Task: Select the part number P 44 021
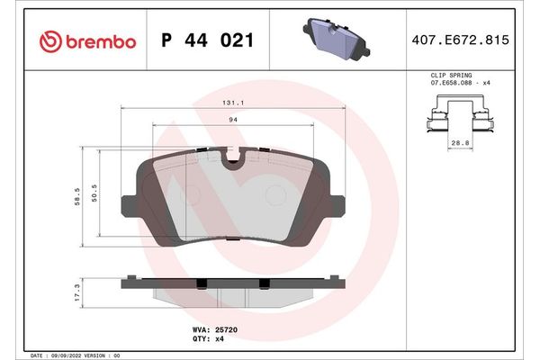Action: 205,41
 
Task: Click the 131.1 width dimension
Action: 231,104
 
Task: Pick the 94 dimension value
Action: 231,120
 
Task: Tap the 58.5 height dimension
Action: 79,195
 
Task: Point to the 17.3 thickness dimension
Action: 79,293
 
